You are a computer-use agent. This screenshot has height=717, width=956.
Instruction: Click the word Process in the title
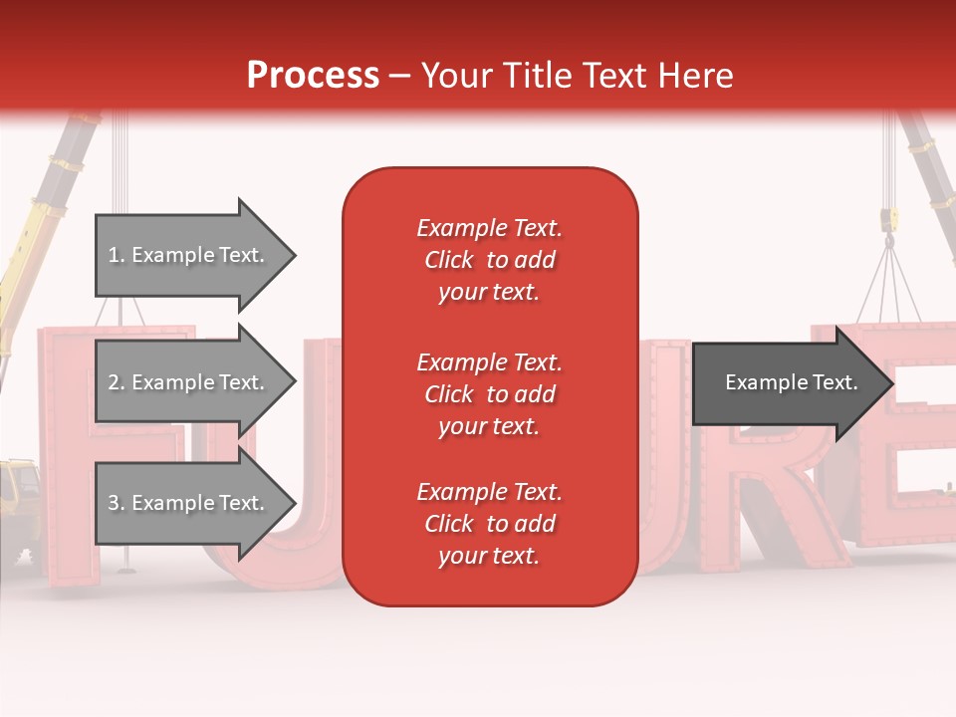click(313, 76)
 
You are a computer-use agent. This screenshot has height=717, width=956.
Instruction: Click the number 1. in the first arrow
click(117, 255)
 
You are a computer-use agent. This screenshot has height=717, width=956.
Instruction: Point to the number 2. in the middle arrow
click(117, 382)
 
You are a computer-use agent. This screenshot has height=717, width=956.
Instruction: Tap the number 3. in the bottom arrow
click(117, 503)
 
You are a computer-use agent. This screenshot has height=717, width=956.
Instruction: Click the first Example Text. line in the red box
click(489, 228)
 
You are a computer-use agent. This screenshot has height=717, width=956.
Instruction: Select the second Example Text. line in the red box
click(489, 362)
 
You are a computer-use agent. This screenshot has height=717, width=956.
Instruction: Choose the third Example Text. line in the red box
click(489, 492)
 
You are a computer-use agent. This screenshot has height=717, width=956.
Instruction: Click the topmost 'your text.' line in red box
click(489, 293)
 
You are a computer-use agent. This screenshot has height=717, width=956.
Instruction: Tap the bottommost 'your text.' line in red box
click(489, 557)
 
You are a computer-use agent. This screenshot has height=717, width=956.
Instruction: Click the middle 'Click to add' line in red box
click(489, 394)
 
